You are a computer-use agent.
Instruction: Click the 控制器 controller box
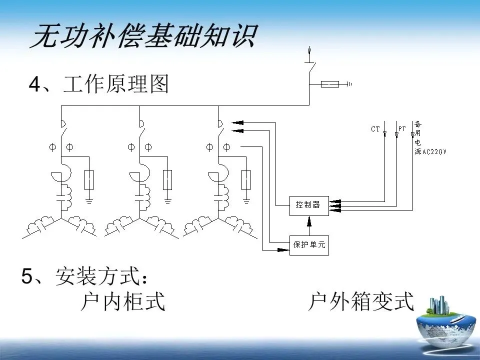309,205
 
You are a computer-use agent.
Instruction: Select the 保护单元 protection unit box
309,245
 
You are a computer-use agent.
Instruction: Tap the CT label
375,129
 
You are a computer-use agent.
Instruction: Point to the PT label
402,129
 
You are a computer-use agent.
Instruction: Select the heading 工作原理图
116,85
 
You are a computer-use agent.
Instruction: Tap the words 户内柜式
123,301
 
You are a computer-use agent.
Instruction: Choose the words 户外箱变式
361,301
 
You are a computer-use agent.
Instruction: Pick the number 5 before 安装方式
27,276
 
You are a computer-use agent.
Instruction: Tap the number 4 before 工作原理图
34,85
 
